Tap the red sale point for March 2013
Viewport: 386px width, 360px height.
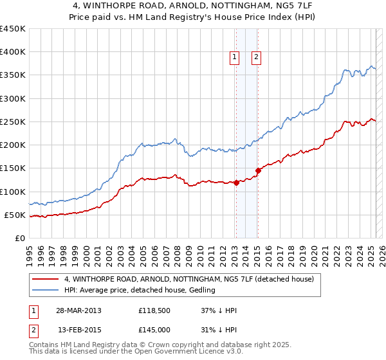click(x=236, y=183)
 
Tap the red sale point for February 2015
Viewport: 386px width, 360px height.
click(x=258, y=170)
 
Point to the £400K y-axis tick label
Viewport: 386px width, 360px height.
click(x=13, y=52)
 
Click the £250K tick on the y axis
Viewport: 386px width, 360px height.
click(x=13, y=122)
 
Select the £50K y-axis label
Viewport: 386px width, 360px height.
click(x=15, y=215)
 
